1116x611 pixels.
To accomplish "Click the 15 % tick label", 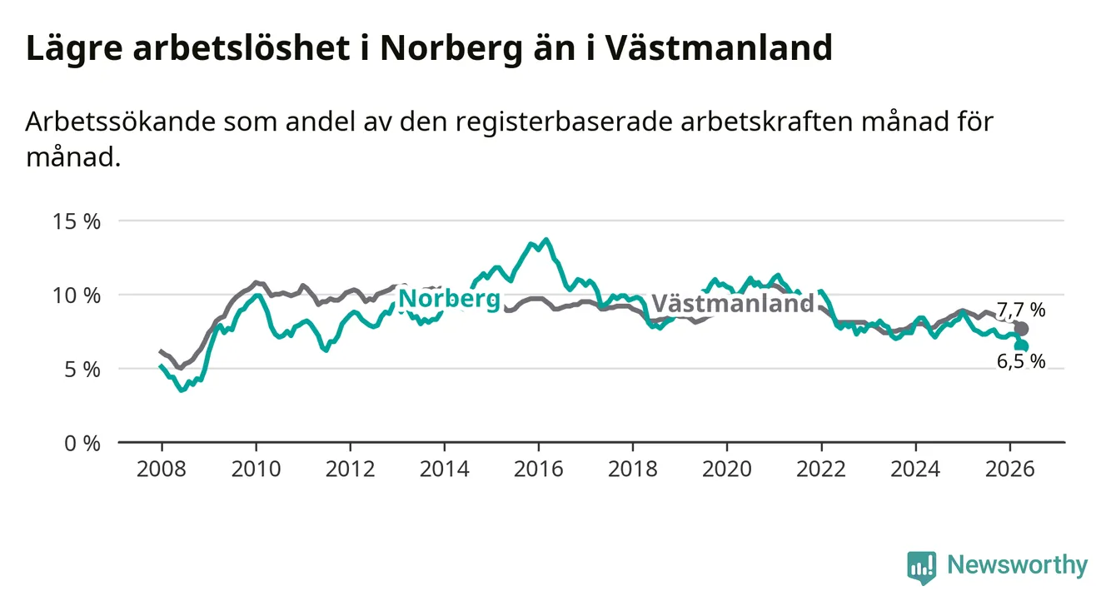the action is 77,221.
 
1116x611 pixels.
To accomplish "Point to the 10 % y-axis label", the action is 77,296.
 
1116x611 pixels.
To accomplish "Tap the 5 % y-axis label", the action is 82,370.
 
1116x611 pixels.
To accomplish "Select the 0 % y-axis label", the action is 82,443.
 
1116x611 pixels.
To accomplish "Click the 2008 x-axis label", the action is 162,469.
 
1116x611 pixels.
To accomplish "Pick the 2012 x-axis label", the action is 351,469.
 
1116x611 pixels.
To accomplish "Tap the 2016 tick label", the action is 539,469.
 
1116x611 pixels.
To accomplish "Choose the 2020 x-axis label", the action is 727,469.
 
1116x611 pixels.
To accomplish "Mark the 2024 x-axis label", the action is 915,469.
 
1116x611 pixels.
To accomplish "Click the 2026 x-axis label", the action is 1010,469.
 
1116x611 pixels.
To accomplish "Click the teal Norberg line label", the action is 450,300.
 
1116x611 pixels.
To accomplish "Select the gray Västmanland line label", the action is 733,303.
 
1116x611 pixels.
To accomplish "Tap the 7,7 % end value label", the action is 1021,310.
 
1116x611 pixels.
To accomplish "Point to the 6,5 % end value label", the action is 1021,361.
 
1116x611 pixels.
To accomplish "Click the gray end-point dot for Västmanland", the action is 1021,329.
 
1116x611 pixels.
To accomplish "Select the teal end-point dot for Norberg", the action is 1022,345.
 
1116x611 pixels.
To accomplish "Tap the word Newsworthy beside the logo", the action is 1018,565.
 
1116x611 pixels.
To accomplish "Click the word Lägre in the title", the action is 74,49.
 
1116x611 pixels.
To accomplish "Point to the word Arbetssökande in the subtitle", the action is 121,122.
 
